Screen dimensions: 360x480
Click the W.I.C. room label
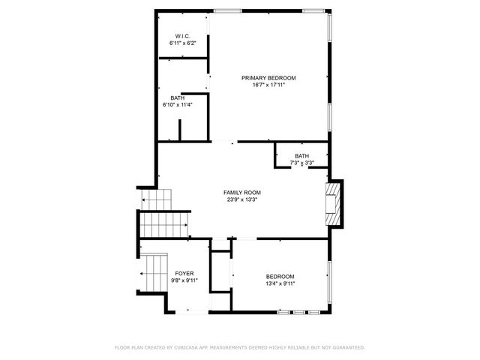pyautogui.click(x=182, y=36)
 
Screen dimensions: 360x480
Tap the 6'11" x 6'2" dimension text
pyautogui.click(x=182, y=43)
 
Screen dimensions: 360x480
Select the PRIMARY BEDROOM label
pyautogui.click(x=268, y=77)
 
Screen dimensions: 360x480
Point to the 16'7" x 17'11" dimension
pyautogui.click(x=268, y=85)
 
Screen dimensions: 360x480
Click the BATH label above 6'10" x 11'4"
pyautogui.click(x=177, y=97)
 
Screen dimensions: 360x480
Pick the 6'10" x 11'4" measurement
pyautogui.click(x=178, y=105)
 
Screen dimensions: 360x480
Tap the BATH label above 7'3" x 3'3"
pyautogui.click(x=301, y=156)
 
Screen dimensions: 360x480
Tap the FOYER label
pyautogui.click(x=184, y=274)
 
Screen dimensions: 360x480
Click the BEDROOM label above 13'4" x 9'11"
pyautogui.click(x=280, y=276)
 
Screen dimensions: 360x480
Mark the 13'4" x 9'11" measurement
pyautogui.click(x=280, y=283)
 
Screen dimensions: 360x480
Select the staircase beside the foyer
pyautogui.click(x=155, y=274)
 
